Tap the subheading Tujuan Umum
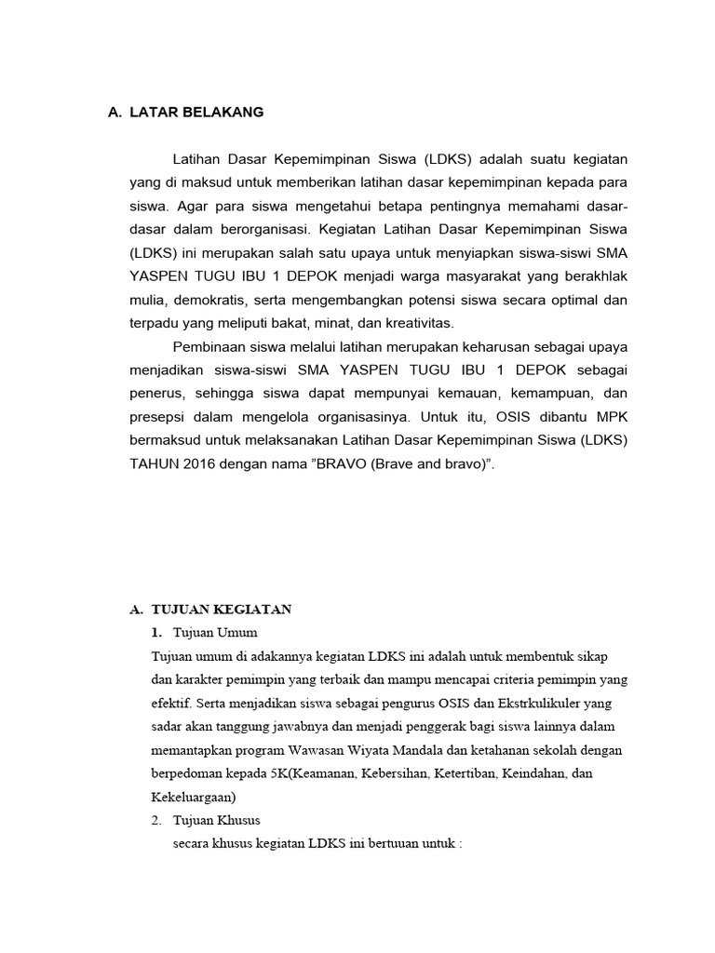215,633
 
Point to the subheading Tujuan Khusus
217,820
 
